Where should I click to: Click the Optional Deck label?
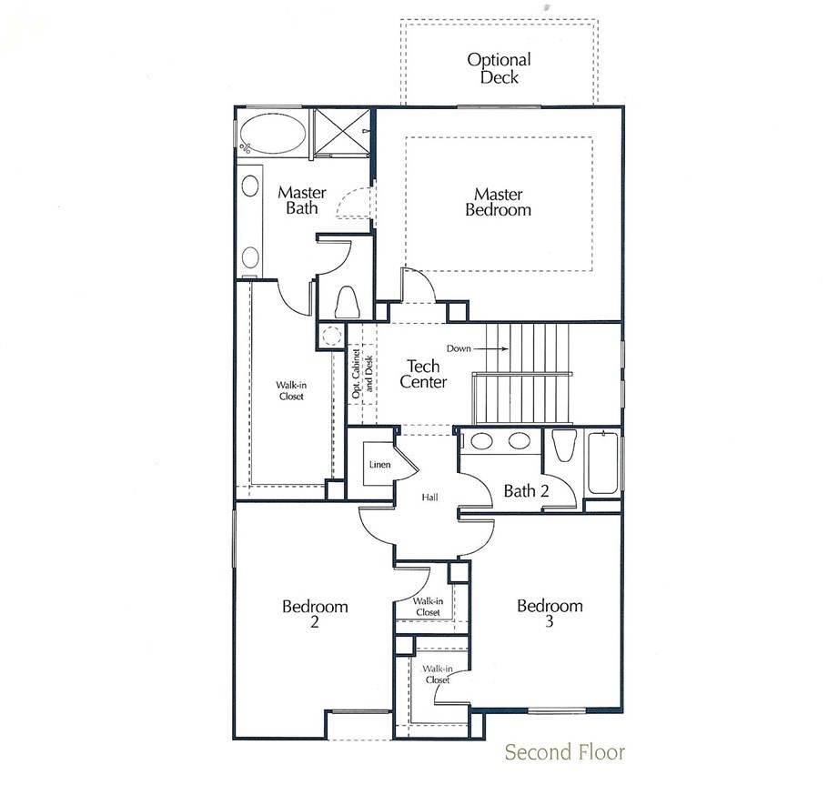click(x=499, y=68)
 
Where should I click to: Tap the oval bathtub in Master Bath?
click(x=272, y=135)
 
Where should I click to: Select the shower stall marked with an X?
click(x=341, y=133)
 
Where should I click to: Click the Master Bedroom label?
click(x=498, y=202)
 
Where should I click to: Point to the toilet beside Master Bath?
click(x=347, y=301)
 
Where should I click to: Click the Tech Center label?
click(x=423, y=374)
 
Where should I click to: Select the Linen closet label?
click(x=379, y=465)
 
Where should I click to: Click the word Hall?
click(x=429, y=497)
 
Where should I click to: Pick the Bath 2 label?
click(x=526, y=491)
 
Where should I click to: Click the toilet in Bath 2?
click(x=563, y=446)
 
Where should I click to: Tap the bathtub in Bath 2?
click(x=602, y=463)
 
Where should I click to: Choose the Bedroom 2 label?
click(x=315, y=613)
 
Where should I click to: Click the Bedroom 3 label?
click(x=550, y=612)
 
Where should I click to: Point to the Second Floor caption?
click(x=564, y=751)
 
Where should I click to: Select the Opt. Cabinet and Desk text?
click(x=362, y=374)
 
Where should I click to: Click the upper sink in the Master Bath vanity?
click(x=250, y=186)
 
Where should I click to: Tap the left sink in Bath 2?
click(x=481, y=441)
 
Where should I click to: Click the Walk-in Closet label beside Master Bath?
click(x=291, y=390)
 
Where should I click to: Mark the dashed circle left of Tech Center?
click(x=331, y=336)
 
